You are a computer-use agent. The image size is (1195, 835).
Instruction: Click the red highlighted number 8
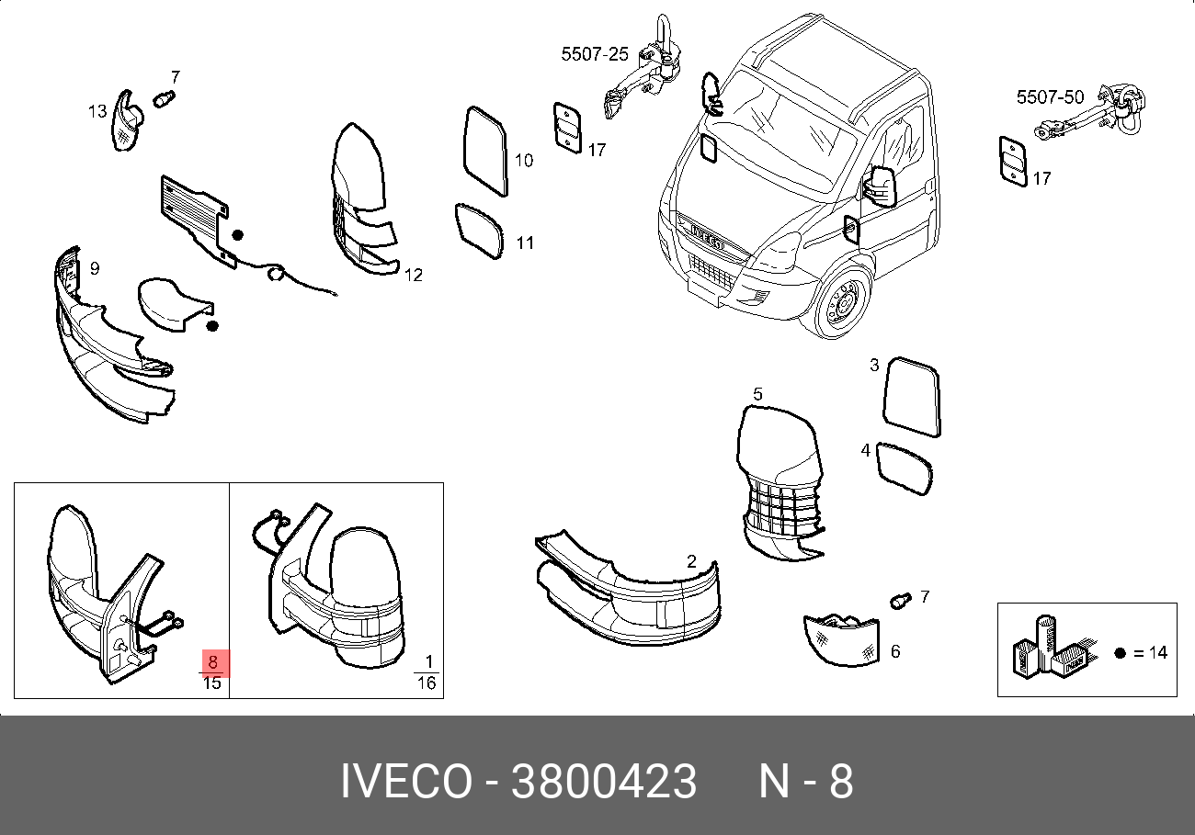(213, 662)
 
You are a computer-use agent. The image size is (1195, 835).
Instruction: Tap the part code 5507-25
(595, 54)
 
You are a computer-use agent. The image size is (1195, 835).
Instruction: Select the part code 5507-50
(1050, 97)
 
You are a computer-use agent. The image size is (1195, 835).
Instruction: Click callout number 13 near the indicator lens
(97, 111)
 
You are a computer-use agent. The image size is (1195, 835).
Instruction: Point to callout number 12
(414, 276)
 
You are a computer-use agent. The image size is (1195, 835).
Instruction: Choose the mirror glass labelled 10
(485, 151)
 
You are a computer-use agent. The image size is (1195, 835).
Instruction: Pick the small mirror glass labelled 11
(479, 231)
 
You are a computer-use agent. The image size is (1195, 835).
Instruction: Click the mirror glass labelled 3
(912, 397)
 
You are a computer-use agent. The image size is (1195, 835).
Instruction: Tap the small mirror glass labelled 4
(905, 468)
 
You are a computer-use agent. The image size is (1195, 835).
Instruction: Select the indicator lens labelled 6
(841, 640)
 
